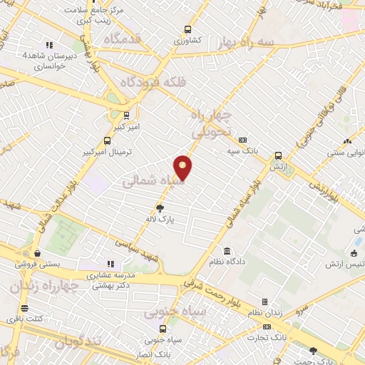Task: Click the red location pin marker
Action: click(x=184, y=168)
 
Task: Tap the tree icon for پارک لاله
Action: click(x=160, y=210)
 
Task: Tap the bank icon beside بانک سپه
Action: click(x=243, y=140)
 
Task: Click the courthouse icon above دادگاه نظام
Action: click(x=227, y=251)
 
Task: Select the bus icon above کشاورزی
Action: click(x=187, y=30)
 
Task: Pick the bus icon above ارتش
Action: click(x=278, y=155)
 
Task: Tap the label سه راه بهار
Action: click(x=267, y=43)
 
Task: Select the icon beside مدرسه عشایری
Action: click(x=110, y=264)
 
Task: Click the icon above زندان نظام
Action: click(x=264, y=302)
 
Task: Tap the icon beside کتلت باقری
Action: click(x=25, y=309)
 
